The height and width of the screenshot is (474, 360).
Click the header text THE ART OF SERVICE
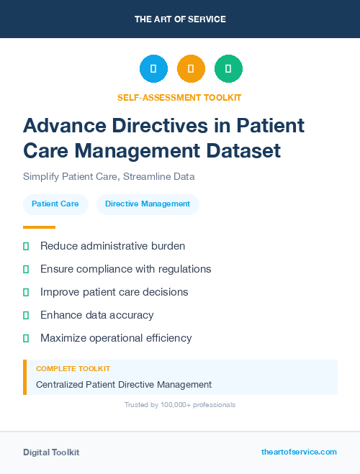coord(180,19)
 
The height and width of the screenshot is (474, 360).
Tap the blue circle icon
coord(153,69)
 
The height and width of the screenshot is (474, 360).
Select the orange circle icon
coord(191,69)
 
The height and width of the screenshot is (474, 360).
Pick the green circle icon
coord(228,69)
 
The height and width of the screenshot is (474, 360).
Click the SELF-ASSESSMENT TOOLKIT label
coord(180,97)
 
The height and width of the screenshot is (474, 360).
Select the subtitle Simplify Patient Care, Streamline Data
coord(109,176)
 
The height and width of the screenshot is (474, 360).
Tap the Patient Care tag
coord(55,204)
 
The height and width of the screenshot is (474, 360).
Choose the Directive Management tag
coord(148,204)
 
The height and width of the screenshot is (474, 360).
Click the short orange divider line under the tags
coord(39,227)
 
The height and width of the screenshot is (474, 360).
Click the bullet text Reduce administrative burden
coord(112,246)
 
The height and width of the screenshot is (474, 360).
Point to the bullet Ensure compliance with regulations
coord(125,269)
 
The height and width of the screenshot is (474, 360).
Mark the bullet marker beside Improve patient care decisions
coord(26,292)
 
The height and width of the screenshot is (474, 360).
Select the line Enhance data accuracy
coord(96,315)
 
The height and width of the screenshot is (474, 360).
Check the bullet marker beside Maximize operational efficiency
coord(26,338)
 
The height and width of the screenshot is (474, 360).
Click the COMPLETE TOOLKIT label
coord(73,369)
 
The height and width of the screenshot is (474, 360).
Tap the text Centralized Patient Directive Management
coord(124,385)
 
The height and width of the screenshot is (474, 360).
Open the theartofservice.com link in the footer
coord(299,452)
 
